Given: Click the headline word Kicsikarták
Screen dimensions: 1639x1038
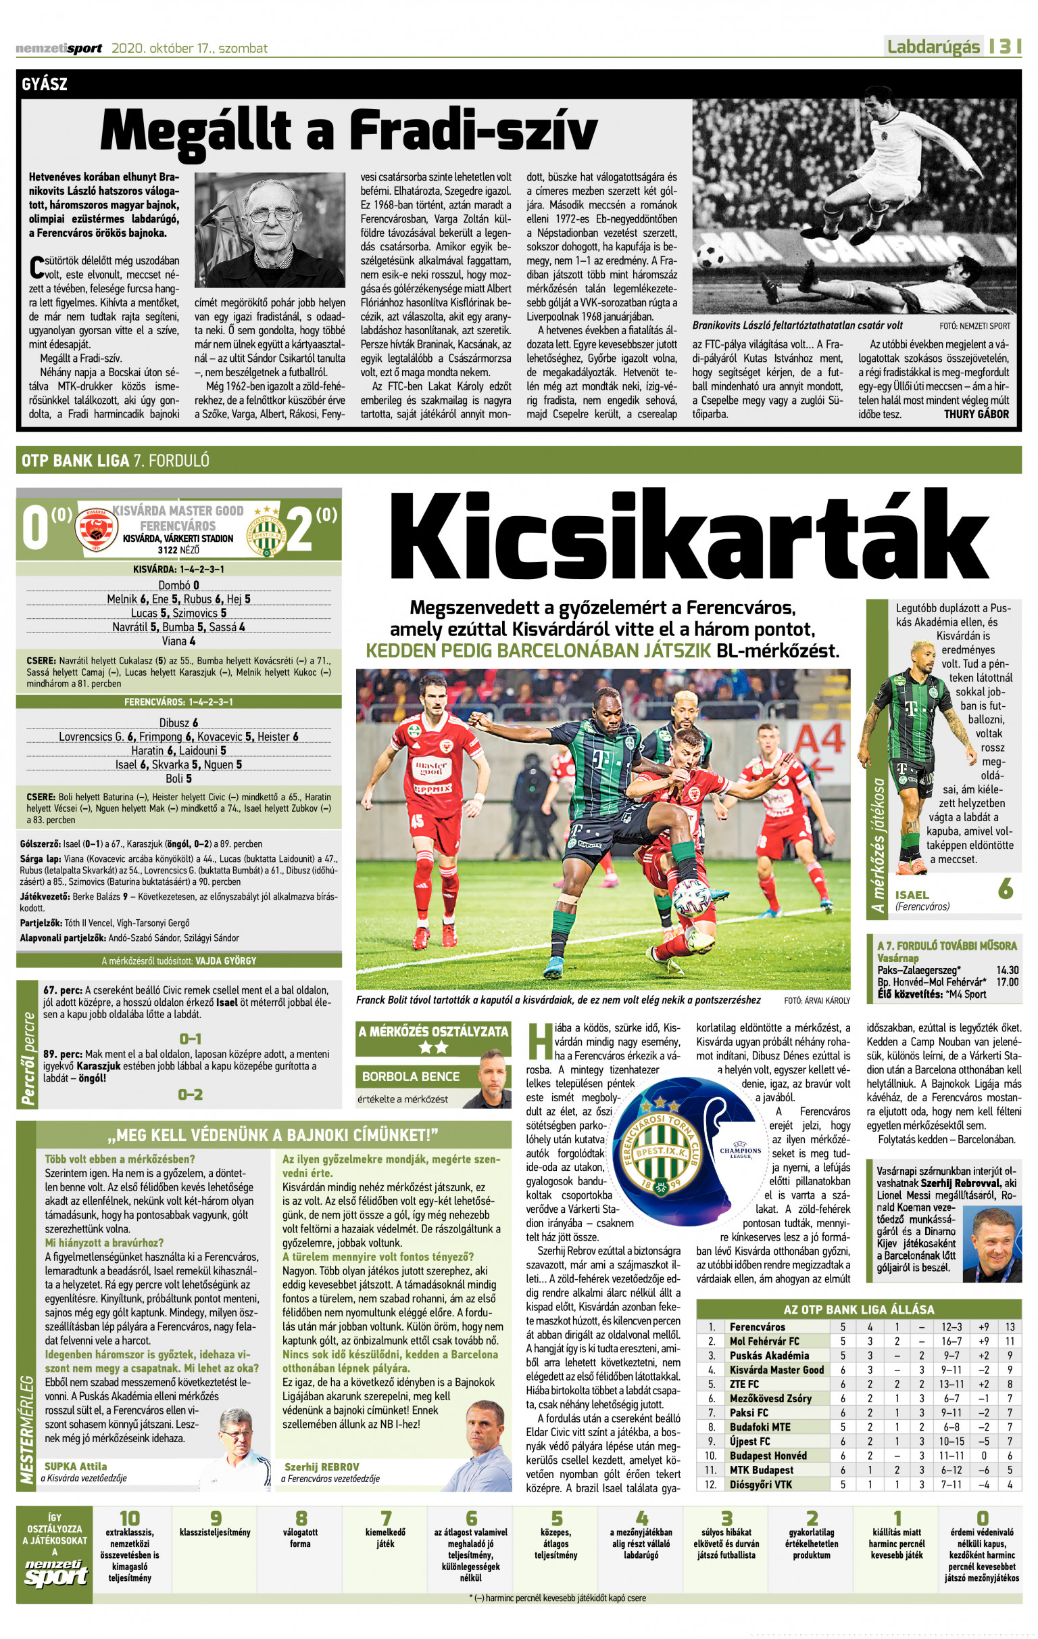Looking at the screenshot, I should point(689,538).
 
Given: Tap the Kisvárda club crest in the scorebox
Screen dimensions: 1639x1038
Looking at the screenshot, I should point(96,528).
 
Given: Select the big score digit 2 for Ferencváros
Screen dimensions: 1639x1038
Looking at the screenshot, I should point(300,528).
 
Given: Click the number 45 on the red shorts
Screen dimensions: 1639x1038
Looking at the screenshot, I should point(416,821).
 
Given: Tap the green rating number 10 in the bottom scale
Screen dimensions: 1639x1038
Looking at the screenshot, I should point(129,1519).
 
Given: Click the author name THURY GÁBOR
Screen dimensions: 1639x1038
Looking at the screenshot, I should point(975,414).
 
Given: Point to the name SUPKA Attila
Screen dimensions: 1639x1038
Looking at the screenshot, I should point(76,1465).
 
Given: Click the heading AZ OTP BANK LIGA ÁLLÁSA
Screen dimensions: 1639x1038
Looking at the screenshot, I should point(858,1309).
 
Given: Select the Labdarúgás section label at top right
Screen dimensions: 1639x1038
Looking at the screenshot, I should point(933,46).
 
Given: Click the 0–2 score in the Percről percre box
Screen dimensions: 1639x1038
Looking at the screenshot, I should point(191,1094).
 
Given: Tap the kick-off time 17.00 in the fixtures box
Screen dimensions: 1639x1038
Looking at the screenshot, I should point(1008,982).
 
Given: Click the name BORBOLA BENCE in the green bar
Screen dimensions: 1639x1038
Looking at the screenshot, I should point(410,1076).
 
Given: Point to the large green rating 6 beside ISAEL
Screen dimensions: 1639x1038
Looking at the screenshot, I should point(1006,888).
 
